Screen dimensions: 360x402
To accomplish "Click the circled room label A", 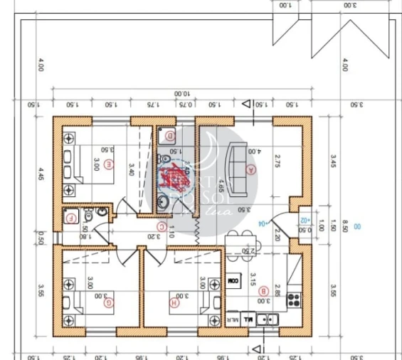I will coord(250,170).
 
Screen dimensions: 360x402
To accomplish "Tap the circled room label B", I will coord(263,290).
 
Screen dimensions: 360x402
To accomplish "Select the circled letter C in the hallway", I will coord(162,228).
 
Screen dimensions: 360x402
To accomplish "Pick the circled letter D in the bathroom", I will coord(170,135).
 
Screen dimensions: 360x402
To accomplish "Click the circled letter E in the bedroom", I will coord(109,164).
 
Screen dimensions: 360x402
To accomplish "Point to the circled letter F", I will coord(70,219).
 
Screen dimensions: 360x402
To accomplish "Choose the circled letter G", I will coord(109,302).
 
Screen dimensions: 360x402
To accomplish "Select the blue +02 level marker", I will coord(305,221).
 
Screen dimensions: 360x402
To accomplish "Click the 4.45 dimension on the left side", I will coord(41,174).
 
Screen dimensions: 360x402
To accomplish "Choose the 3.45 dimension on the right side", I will coord(332,160).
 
